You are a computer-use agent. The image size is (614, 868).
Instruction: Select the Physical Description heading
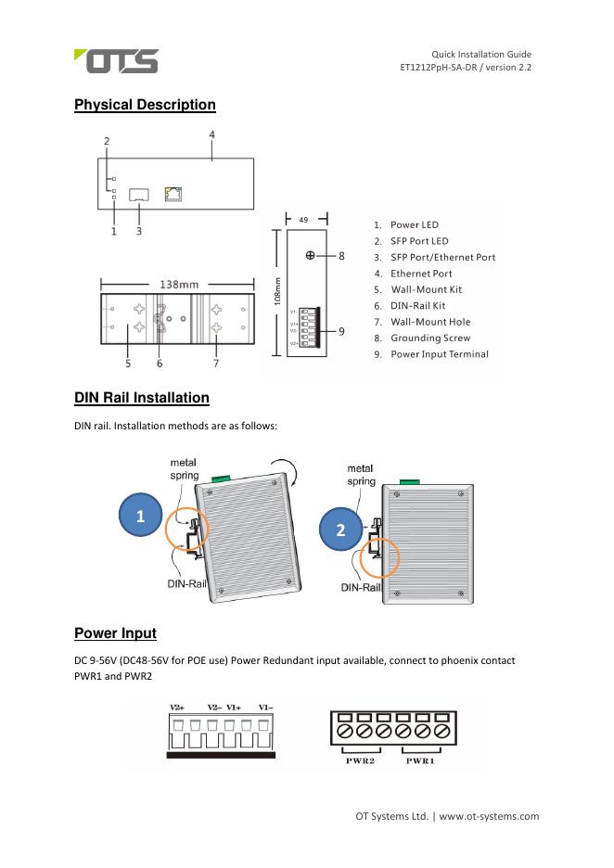tap(145, 106)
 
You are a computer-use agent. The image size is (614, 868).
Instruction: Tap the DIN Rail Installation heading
tap(141, 398)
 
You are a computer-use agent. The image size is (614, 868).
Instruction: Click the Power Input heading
tap(115, 633)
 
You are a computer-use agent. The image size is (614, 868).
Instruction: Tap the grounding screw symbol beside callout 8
tap(310, 255)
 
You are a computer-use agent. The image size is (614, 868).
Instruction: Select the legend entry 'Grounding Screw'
tap(429, 338)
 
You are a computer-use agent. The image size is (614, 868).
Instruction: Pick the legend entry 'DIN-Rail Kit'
tap(417, 305)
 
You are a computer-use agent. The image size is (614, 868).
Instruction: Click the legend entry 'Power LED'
tap(414, 224)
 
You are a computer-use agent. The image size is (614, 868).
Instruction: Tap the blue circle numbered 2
tap(340, 531)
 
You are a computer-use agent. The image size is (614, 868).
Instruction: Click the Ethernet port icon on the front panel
tap(173, 194)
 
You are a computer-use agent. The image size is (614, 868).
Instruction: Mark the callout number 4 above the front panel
tap(211, 135)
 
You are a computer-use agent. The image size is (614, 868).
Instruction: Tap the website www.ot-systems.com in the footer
tap(488, 817)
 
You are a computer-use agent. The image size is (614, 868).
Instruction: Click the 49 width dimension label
tap(303, 220)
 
